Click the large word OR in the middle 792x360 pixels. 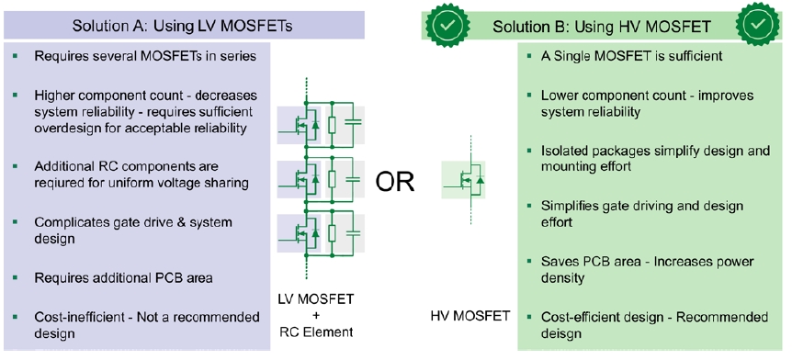[x=395, y=182]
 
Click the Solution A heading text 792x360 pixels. [x=182, y=26]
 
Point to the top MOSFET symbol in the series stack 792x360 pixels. [x=304, y=125]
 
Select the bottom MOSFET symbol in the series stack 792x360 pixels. [x=304, y=233]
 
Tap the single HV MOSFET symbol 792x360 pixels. [x=466, y=180]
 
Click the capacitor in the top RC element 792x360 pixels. [x=355, y=124]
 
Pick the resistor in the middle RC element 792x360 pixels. [x=332, y=179]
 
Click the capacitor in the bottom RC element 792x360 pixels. [x=355, y=233]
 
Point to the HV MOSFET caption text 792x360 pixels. [x=470, y=316]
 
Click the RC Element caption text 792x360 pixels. [x=316, y=332]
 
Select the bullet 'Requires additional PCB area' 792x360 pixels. [x=123, y=277]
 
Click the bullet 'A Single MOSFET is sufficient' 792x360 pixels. [x=631, y=55]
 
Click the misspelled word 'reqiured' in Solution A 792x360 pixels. [x=60, y=182]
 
